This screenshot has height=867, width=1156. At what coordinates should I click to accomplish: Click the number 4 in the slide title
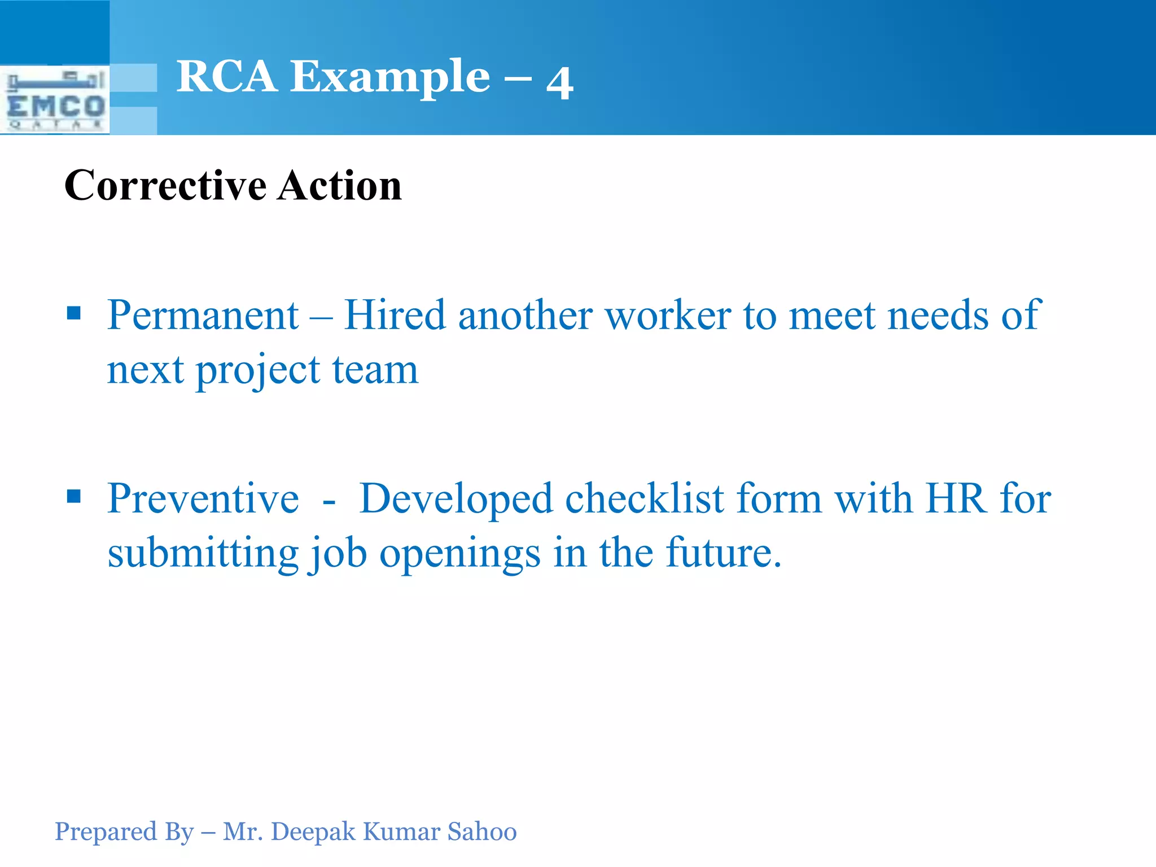coord(559,82)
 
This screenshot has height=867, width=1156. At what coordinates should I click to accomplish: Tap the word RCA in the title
coord(226,77)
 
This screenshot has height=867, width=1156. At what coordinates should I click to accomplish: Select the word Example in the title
coord(390,78)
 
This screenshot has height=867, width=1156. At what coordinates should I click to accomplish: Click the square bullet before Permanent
coord(74,313)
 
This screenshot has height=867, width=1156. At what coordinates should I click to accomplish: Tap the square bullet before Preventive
coord(74,496)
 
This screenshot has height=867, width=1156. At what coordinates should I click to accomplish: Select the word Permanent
coord(203,315)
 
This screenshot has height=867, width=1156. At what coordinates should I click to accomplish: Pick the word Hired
coord(395,315)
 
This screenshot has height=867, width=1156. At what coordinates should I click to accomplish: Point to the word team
coord(375,370)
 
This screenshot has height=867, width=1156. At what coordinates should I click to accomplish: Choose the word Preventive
coord(203,498)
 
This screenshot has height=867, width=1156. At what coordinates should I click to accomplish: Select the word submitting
coord(203,553)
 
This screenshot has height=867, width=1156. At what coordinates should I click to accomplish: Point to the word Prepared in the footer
coord(106,832)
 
